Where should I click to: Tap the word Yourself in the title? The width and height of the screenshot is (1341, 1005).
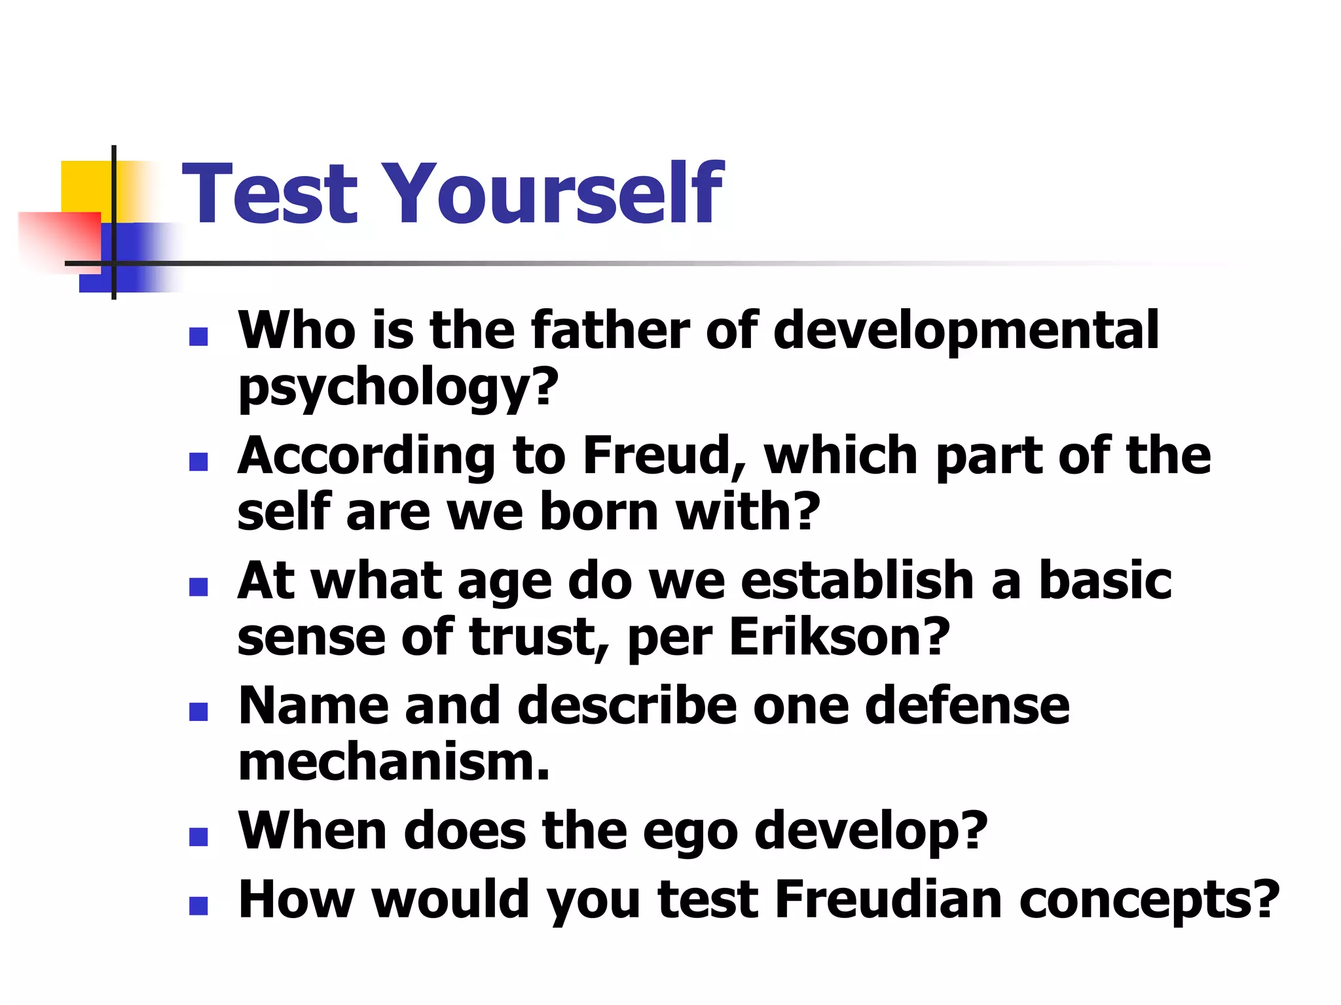coord(557,194)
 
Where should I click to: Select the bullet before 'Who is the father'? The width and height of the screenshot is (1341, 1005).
coord(198,337)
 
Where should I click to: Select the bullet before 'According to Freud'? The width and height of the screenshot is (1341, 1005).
coord(198,462)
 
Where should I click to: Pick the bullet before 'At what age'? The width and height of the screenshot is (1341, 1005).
coord(198,587)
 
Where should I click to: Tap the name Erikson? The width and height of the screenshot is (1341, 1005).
coord(839,637)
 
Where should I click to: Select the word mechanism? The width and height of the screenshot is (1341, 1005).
coord(394,763)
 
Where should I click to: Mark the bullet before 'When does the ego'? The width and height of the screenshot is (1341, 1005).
coord(198,837)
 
